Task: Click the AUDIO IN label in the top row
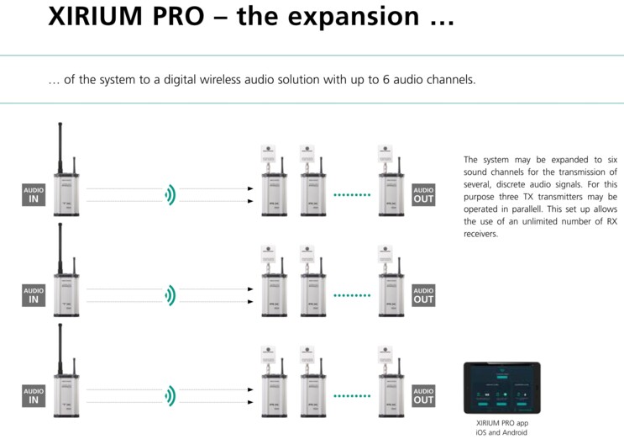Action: point(34,195)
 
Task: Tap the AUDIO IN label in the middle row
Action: point(34,294)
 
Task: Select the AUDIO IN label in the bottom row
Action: point(34,394)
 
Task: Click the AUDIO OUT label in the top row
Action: point(424,195)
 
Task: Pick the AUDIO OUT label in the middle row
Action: point(424,294)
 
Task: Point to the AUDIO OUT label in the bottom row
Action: point(424,394)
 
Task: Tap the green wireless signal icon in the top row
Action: point(170,195)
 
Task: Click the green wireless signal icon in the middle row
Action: point(170,294)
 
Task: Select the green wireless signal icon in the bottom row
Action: point(170,394)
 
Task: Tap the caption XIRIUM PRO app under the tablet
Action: point(501,422)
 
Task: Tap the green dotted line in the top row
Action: point(351,195)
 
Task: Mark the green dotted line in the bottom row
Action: point(351,394)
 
